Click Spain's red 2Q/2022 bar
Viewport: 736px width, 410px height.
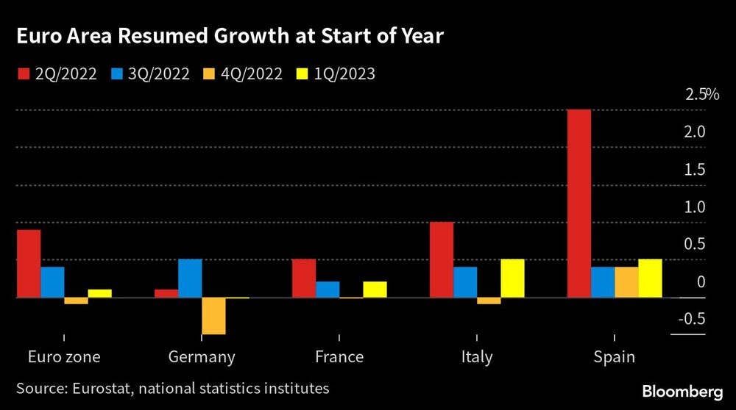579,204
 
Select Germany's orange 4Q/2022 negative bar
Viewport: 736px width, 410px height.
213,316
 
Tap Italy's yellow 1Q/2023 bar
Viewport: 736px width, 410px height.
512,278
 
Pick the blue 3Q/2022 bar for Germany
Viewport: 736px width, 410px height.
190,278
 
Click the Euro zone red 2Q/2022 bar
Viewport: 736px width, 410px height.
29,264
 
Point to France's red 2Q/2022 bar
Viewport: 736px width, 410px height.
304,278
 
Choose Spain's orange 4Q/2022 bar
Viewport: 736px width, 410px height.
626,282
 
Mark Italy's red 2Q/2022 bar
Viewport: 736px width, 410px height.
442,259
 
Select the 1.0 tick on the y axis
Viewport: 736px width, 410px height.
696,207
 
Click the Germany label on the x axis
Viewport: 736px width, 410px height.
202,357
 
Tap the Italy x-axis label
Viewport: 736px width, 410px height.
476,357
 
